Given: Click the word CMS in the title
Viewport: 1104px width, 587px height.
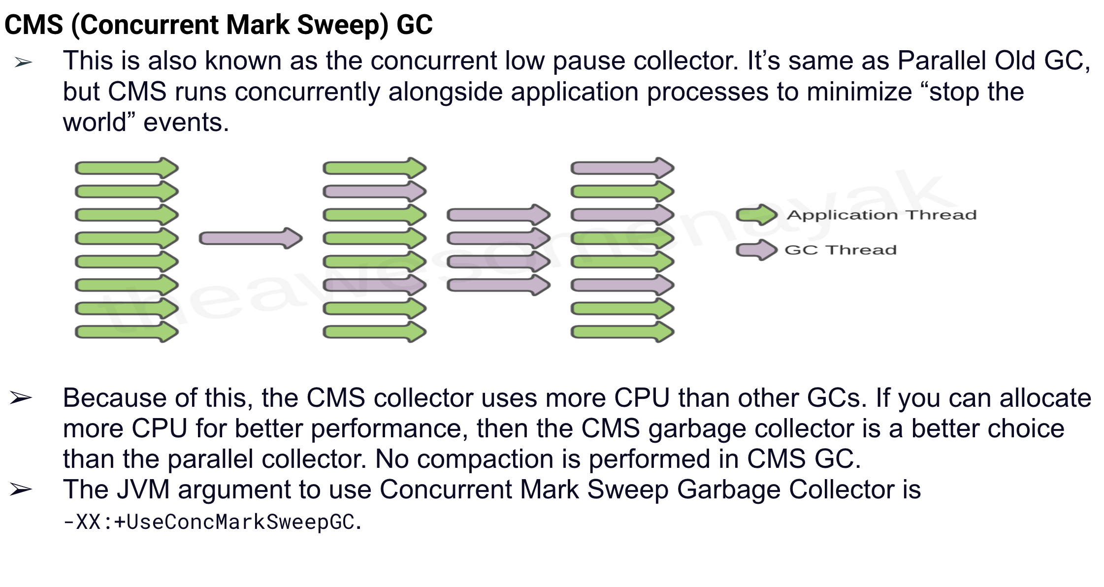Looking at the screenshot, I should pyautogui.click(x=33, y=25).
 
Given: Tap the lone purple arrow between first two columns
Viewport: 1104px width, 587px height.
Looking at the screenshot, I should pyautogui.click(x=250, y=239).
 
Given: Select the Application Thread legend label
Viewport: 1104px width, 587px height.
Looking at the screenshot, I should pyautogui.click(x=881, y=215).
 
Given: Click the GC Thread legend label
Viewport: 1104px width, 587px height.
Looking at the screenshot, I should pyautogui.click(x=841, y=250).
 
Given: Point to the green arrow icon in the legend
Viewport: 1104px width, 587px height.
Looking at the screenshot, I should pyautogui.click(x=756, y=215).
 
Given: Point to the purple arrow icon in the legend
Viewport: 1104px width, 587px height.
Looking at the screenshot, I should pyautogui.click(x=756, y=250).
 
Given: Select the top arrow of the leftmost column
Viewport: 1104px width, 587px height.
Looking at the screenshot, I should pyautogui.click(x=127, y=168).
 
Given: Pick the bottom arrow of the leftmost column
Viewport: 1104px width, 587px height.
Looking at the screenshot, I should pyautogui.click(x=127, y=332).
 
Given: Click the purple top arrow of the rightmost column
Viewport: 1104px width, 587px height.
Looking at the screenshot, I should pyautogui.click(x=622, y=168).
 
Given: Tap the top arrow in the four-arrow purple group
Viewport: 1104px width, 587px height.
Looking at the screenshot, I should pyautogui.click(x=498, y=215).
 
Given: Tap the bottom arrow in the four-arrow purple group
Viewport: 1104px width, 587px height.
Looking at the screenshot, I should pyautogui.click(x=498, y=285).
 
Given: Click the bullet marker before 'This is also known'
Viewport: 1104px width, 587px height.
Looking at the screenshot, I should pyautogui.click(x=23, y=63).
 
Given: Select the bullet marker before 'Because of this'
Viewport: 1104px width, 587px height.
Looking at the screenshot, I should pyautogui.click(x=21, y=398).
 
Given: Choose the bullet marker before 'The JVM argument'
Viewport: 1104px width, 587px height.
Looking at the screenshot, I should pyautogui.click(x=21, y=489).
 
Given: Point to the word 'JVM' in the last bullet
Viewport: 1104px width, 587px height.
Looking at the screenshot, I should pyautogui.click(x=143, y=489).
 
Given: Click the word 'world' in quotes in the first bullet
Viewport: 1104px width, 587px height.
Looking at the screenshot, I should pyautogui.click(x=95, y=122).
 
